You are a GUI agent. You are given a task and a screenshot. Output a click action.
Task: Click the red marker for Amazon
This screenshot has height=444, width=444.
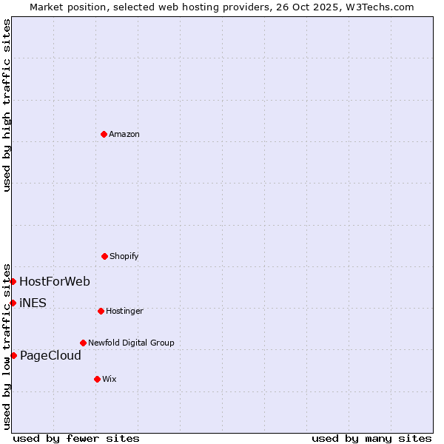click(104, 134)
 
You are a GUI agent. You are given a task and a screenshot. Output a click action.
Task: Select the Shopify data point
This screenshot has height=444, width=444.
click(104, 256)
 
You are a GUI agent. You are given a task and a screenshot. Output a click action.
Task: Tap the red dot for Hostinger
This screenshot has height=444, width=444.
click(101, 311)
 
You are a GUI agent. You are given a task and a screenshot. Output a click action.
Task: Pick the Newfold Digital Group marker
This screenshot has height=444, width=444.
click(83, 343)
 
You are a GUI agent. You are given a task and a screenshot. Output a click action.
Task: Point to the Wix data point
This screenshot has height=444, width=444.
click(97, 379)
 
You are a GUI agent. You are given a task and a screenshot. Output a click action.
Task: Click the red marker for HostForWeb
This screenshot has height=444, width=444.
click(13, 281)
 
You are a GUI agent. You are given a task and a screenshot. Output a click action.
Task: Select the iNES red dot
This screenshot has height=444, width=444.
click(13, 303)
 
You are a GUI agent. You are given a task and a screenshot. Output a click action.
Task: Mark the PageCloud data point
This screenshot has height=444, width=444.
click(13, 355)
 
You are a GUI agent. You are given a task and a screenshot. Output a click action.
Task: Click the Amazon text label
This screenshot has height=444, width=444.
click(124, 134)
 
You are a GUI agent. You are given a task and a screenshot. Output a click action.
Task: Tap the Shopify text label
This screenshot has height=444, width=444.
click(124, 256)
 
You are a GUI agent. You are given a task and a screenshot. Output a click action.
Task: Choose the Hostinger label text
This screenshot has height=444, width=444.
click(124, 311)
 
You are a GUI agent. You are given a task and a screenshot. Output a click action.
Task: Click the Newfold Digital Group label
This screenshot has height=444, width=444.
click(131, 343)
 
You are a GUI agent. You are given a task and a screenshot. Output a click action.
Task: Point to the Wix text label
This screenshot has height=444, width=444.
click(110, 379)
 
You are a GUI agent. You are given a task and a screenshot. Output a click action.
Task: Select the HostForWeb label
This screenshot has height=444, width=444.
click(55, 281)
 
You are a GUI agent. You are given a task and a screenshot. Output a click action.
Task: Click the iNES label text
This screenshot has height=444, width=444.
click(33, 303)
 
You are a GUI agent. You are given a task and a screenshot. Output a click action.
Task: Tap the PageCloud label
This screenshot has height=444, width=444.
click(50, 355)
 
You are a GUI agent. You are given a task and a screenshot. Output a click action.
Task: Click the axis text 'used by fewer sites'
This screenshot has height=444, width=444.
click(76, 438)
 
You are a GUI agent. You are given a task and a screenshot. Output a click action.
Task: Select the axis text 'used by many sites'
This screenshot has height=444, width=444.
click(371, 438)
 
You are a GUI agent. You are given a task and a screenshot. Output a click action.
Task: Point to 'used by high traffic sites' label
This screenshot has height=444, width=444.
click(7, 105)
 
